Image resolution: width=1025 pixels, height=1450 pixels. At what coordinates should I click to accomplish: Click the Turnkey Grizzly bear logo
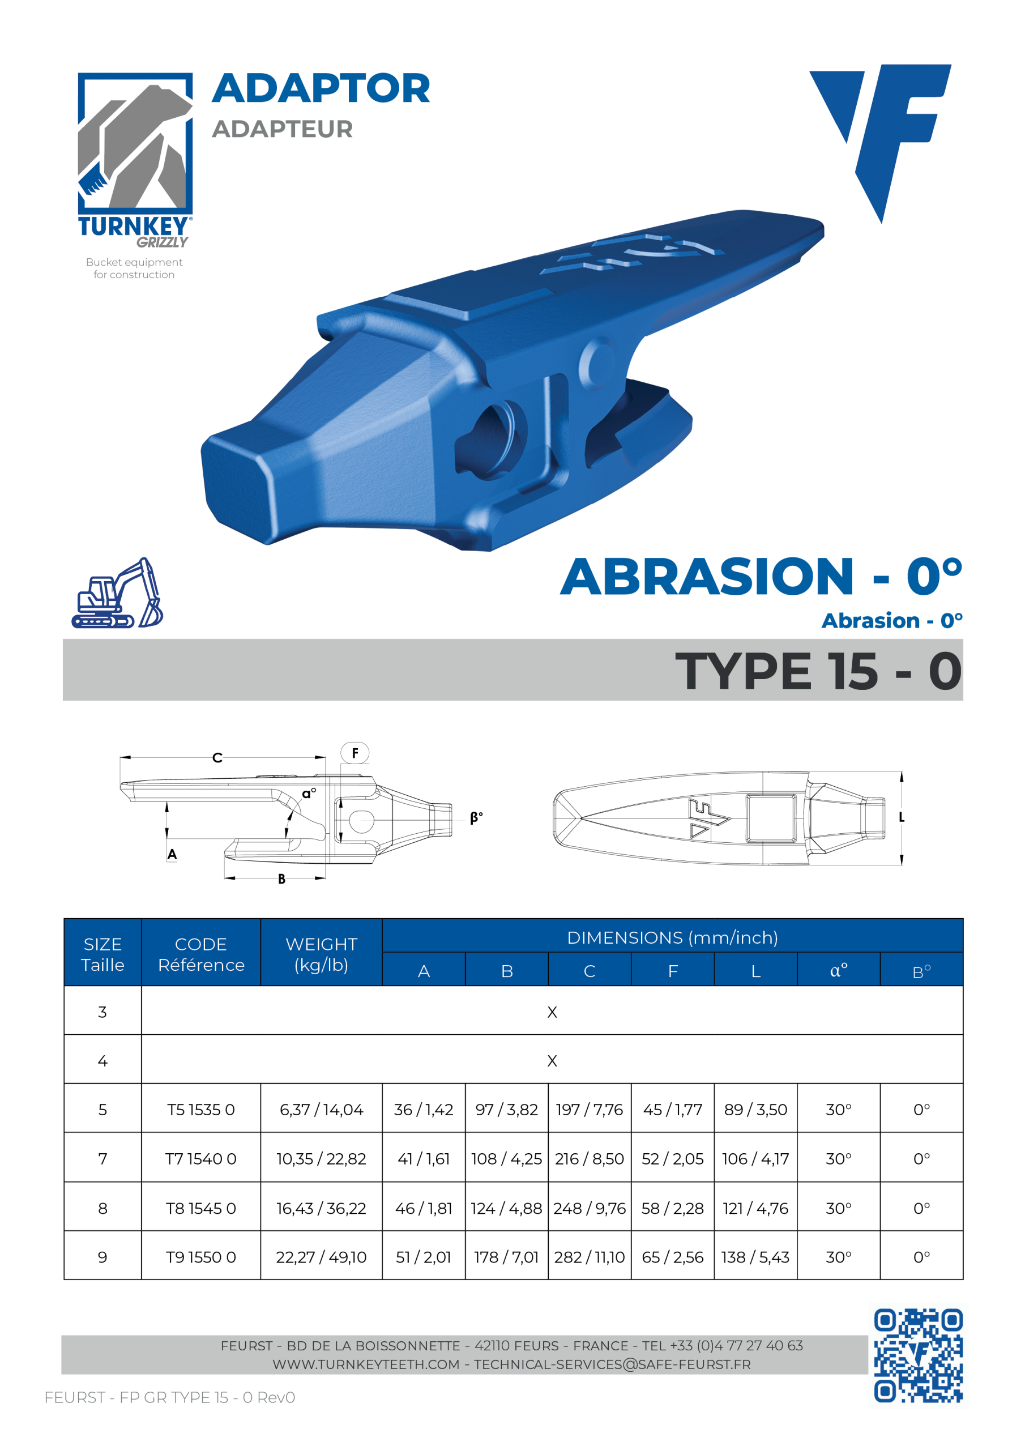point(135,160)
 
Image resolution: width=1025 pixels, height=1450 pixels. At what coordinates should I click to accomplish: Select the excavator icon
point(117,593)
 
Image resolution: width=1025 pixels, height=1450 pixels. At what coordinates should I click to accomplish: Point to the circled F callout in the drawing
point(355,753)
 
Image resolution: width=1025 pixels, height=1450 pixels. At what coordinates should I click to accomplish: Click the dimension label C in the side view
point(217,758)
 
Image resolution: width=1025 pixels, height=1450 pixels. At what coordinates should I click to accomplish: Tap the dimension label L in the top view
point(902,817)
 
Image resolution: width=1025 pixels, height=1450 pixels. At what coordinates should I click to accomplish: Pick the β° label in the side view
point(476,818)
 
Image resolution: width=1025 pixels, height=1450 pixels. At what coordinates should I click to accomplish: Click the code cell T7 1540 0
point(201,1159)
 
